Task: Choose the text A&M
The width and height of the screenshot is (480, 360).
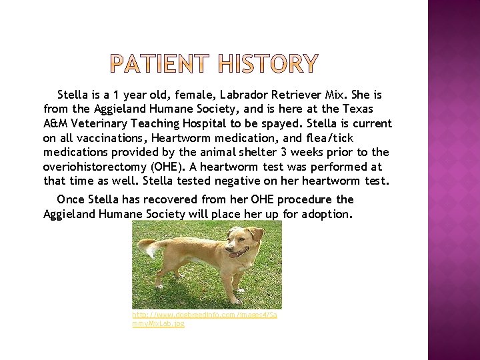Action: click(x=55, y=123)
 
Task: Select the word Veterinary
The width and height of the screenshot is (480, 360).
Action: click(x=100, y=123)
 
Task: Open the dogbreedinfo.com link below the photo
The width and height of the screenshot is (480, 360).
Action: click(x=204, y=318)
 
